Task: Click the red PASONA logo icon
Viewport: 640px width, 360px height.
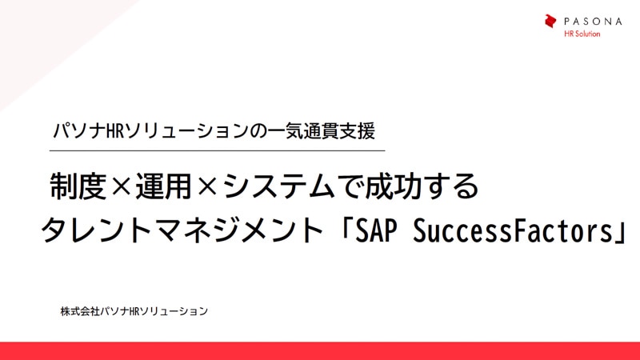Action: tap(550, 22)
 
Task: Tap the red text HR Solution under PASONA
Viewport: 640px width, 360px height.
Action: tap(582, 34)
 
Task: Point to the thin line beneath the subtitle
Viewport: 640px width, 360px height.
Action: tap(217, 150)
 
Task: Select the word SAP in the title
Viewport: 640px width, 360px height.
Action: tap(381, 231)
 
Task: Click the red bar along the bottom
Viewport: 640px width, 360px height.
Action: tap(320, 350)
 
